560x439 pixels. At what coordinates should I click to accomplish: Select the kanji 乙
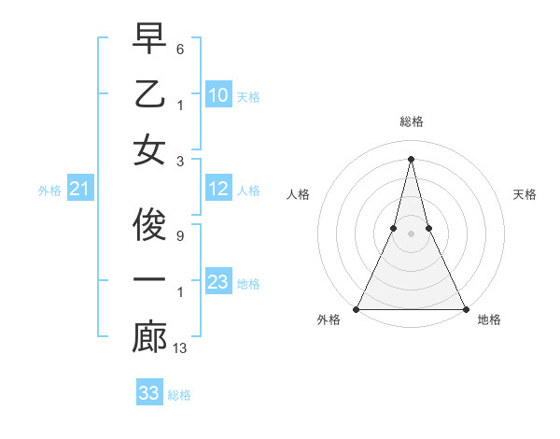[149, 93]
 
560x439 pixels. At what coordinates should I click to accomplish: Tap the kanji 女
[149, 149]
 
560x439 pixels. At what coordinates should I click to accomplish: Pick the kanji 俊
[149, 224]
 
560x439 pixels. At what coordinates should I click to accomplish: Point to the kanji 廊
[149, 337]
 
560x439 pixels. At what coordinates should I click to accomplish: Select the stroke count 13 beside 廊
[181, 348]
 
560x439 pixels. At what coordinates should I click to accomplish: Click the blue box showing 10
[217, 95]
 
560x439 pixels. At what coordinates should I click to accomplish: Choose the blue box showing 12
[217, 190]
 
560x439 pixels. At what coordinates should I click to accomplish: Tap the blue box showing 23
[217, 282]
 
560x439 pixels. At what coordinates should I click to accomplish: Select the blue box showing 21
[79, 190]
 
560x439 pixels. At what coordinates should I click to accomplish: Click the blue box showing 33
[148, 393]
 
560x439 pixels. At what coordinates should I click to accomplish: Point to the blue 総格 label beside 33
[179, 395]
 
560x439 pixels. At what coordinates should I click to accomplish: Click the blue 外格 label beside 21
[49, 191]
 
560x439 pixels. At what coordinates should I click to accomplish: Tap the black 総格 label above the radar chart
[411, 121]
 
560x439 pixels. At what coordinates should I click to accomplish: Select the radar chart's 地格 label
[489, 319]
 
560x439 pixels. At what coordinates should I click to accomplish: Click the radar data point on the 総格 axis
[411, 158]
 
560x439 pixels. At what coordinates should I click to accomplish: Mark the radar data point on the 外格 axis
[357, 308]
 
